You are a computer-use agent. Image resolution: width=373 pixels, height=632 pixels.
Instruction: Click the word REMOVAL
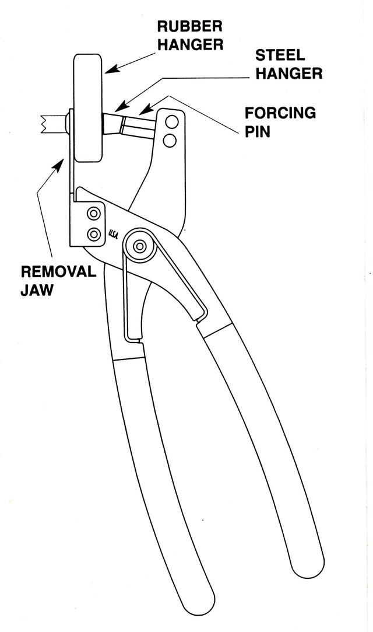(x=58, y=273)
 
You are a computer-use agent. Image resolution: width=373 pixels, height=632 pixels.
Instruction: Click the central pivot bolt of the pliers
(x=139, y=247)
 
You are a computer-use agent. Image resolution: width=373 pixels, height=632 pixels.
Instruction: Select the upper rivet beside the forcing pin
(x=171, y=123)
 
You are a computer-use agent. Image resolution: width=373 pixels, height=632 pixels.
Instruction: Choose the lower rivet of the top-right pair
(x=170, y=141)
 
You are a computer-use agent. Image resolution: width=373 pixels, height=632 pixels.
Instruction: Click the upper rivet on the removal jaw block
(x=93, y=212)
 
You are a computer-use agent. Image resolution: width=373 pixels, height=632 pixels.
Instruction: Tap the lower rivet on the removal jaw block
(x=93, y=233)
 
